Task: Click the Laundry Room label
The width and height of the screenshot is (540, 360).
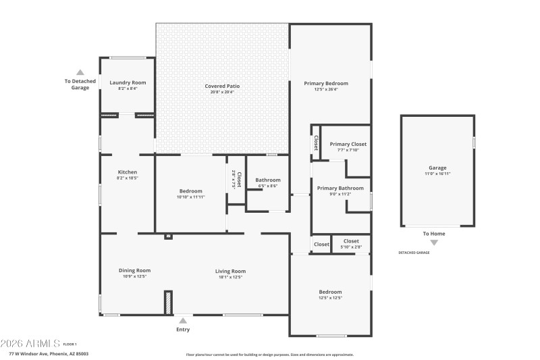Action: (128, 82)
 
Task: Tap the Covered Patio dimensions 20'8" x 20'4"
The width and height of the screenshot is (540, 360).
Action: (222, 93)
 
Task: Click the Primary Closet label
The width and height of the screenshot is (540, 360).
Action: (348, 144)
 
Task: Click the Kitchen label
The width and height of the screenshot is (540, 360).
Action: (128, 172)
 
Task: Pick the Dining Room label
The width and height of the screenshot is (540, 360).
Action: (134, 270)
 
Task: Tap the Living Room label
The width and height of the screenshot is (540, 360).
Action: (230, 271)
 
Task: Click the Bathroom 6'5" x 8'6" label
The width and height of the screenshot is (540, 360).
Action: (268, 180)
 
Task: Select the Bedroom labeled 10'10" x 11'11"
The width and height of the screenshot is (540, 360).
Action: (190, 191)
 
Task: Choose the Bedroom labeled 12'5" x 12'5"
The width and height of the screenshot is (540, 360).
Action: (330, 292)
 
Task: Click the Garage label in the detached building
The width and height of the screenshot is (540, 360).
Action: (437, 168)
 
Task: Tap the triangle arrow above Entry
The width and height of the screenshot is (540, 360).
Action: (182, 321)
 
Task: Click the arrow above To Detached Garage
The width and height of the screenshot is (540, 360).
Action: (80, 72)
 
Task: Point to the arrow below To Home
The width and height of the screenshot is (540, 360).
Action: (434, 242)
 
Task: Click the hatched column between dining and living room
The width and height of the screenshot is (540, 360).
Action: (167, 302)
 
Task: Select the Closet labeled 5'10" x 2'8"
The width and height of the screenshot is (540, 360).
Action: (351, 241)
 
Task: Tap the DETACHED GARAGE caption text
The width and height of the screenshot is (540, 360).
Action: (414, 253)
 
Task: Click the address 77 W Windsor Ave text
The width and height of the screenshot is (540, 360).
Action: (49, 354)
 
